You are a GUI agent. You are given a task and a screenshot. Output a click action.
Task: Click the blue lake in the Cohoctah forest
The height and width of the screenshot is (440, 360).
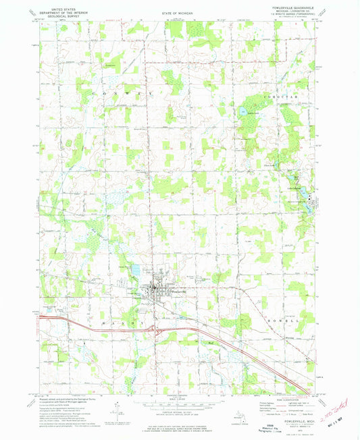(x=242, y=109)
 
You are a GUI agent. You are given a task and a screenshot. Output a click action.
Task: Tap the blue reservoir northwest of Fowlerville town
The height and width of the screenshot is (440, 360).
(x=134, y=270)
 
